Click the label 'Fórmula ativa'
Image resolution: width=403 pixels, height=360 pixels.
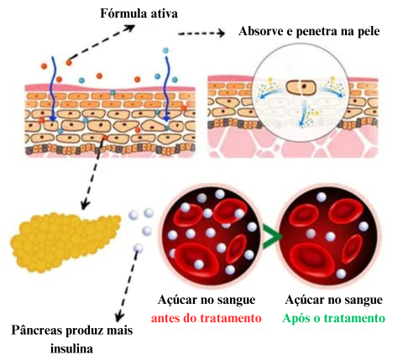pos(139,13)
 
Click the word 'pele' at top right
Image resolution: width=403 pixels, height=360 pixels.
pos(369,32)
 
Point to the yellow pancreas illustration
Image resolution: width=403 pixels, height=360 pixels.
pos(65,242)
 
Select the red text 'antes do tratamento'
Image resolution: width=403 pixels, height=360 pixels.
pos(207,318)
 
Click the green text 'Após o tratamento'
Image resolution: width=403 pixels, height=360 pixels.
pos(333,318)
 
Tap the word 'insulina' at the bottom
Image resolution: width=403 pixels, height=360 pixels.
pos(71,348)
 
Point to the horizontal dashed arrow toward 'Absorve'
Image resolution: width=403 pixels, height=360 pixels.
pos(201,34)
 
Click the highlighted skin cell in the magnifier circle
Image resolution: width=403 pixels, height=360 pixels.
pos(301,87)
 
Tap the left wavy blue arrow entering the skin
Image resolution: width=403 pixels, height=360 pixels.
pos(52,89)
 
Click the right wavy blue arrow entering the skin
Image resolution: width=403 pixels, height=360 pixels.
pos(167,89)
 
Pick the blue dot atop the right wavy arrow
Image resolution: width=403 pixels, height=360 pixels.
pos(165,50)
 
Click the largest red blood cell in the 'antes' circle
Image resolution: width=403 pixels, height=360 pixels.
pos(196,259)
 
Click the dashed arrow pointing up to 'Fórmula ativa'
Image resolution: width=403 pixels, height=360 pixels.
pos(102,43)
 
